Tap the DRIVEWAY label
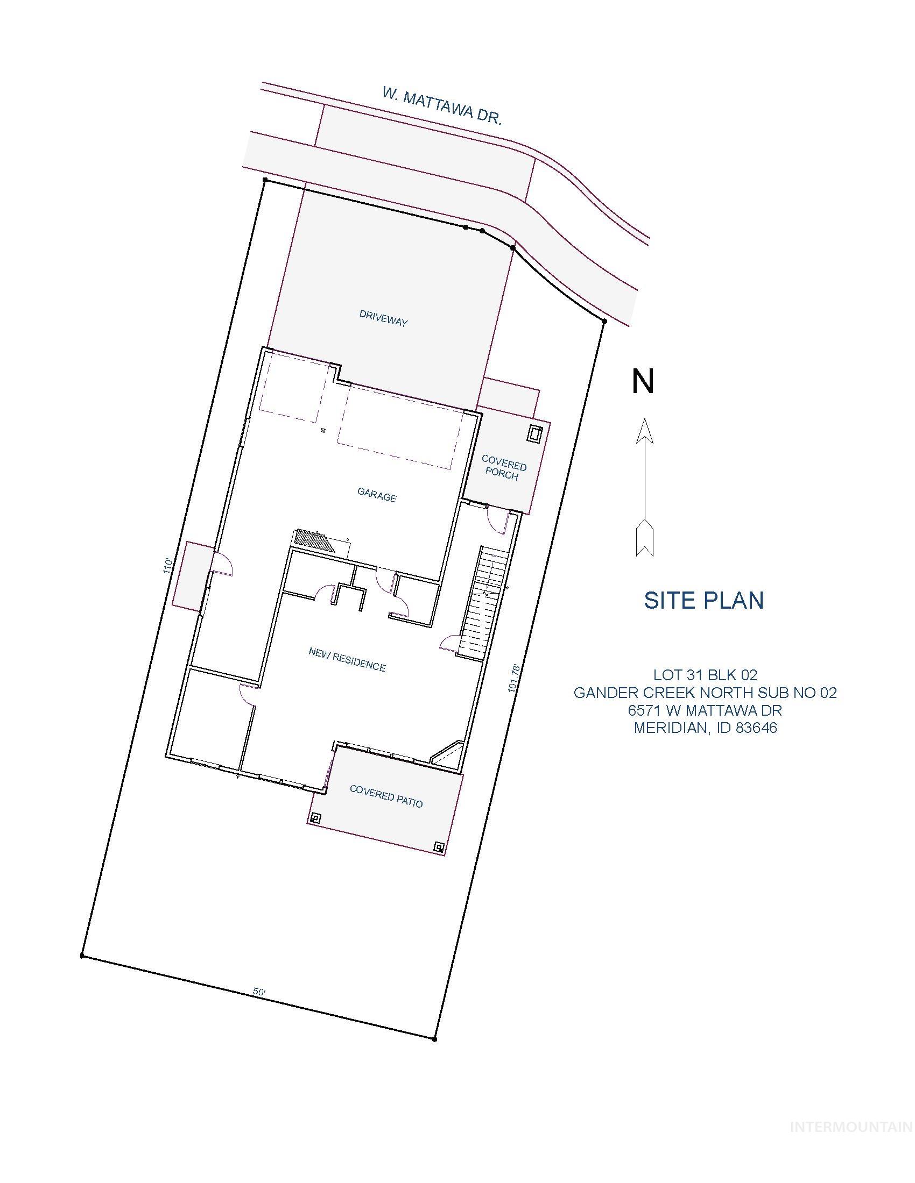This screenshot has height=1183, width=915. point(383,318)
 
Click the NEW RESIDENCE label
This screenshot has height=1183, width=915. point(347,659)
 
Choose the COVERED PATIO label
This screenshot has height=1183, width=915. point(386,796)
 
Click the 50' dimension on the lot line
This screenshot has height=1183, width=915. point(259,992)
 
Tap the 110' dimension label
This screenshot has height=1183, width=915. point(167,567)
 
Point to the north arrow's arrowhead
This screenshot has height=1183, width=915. point(644,431)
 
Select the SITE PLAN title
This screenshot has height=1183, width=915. point(703,600)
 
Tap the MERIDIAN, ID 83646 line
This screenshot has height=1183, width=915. point(705,728)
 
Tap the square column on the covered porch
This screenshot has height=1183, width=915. point(536,434)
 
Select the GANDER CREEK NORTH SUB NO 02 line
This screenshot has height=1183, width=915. point(705,692)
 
